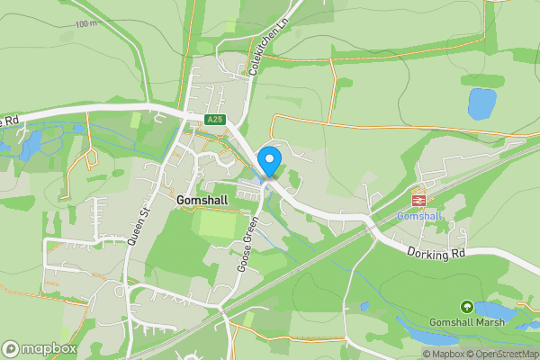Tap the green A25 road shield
(212, 119)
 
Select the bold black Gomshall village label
(207, 200)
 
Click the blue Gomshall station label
(418, 217)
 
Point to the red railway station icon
(418, 199)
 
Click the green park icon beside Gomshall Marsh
(466, 307)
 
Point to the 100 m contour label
(87, 24)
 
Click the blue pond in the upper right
(481, 103)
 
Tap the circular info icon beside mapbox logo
(10, 348)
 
